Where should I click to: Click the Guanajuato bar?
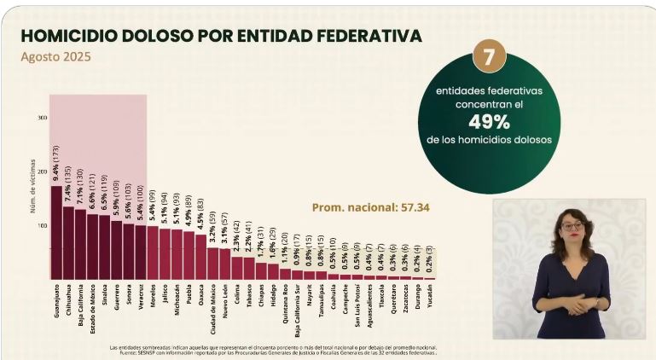click(x=56, y=233)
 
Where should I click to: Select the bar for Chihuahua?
click(x=68, y=243)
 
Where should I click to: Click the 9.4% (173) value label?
click(x=56, y=166)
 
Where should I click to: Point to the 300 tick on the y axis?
click(x=42, y=118)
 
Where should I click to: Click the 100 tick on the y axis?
click(x=42, y=226)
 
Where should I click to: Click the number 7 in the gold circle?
click(x=489, y=57)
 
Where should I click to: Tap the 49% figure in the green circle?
click(x=489, y=120)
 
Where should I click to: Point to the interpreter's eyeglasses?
click(x=571, y=226)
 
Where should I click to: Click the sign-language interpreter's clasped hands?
click(x=573, y=301)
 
